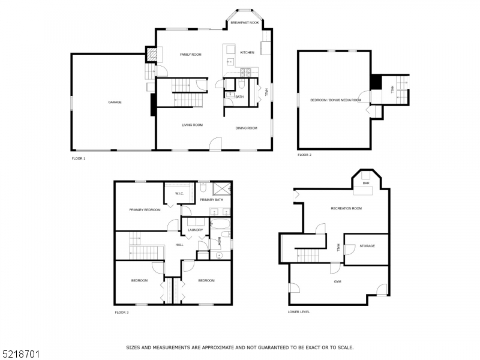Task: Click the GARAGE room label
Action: tap(115, 102)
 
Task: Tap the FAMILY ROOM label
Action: tap(191, 55)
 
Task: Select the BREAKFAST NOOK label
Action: tap(245, 22)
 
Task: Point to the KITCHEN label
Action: tap(247, 53)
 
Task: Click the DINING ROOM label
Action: tap(246, 128)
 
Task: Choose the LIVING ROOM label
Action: tap(193, 125)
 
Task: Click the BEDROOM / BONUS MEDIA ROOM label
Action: tap(335, 100)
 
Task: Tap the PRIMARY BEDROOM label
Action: tap(144, 210)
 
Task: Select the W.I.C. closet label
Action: tap(179, 194)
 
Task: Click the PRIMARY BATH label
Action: tap(211, 199)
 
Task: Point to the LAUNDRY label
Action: tap(195, 230)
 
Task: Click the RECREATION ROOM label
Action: tap(346, 208)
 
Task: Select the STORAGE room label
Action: tap(367, 246)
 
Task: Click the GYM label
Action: tap(338, 281)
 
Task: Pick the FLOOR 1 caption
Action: tap(79, 158)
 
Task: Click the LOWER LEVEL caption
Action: tap(299, 312)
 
